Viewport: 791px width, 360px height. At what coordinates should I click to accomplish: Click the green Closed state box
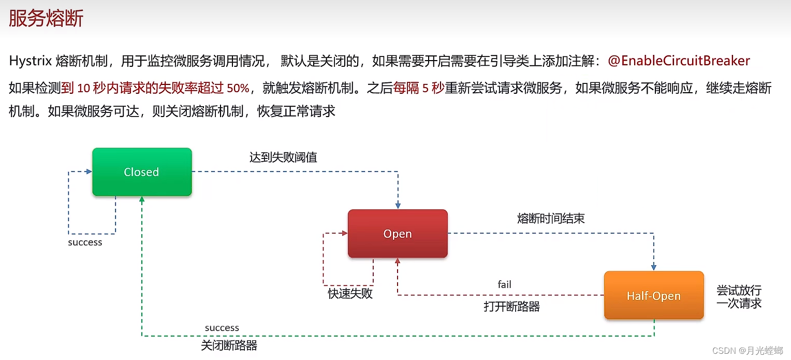(142, 172)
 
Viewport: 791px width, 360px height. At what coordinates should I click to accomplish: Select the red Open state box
(398, 234)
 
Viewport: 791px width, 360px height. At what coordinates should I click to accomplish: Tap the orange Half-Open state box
(654, 296)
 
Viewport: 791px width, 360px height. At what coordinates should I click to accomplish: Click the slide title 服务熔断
(46, 19)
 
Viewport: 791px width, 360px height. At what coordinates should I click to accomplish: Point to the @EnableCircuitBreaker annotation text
(679, 61)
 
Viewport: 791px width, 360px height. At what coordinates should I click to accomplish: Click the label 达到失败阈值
(283, 157)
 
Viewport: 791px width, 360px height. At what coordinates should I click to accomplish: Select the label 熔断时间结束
(551, 218)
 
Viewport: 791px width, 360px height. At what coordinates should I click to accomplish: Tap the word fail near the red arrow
(504, 284)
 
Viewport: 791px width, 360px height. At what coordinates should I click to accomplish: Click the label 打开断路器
(511, 307)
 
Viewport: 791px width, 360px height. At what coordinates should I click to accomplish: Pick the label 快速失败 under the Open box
(350, 294)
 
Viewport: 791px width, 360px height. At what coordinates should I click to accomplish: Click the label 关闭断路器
(229, 345)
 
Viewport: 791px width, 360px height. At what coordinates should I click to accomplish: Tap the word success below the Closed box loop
(85, 242)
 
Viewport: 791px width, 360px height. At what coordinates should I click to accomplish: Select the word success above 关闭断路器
(222, 328)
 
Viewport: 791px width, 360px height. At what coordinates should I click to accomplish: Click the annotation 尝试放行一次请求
(739, 297)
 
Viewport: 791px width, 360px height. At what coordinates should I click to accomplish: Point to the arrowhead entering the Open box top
(398, 206)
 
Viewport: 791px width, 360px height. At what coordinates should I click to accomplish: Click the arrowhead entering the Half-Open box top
(654, 267)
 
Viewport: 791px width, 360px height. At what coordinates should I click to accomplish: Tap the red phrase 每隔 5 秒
(418, 88)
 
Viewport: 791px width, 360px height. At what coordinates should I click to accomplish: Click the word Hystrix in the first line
(30, 61)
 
